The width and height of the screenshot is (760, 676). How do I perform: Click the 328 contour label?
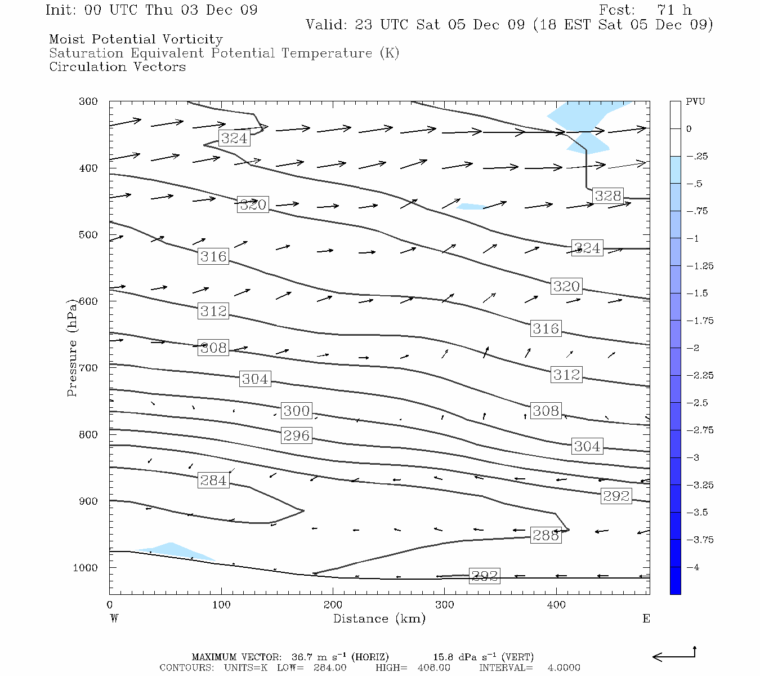coord(608,195)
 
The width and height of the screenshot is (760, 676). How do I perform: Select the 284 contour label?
coord(213,481)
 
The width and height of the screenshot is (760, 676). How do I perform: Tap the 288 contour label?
coord(546,535)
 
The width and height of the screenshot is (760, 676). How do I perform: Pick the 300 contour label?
coord(296,411)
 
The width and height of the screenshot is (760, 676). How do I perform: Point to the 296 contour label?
coord(296,435)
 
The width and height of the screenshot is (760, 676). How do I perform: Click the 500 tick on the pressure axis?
coord(88,235)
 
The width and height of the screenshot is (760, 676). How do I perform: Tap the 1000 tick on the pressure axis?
coord(86,568)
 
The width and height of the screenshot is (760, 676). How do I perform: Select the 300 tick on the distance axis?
coord(445,605)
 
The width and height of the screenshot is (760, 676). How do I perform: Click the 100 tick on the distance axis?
coord(221,605)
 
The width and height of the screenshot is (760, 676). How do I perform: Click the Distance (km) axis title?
coord(379,619)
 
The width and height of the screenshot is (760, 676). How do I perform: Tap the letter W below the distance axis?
coord(114,619)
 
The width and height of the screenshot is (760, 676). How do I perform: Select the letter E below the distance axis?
coord(646,619)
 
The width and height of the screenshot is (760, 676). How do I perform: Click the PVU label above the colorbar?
coord(695,102)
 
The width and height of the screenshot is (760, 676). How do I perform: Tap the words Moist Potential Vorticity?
coord(136,39)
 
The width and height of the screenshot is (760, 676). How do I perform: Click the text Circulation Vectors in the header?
coord(117,66)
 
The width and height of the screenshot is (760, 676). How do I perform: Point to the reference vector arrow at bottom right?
coord(674,655)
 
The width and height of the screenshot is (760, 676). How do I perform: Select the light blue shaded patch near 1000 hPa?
coord(175,550)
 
